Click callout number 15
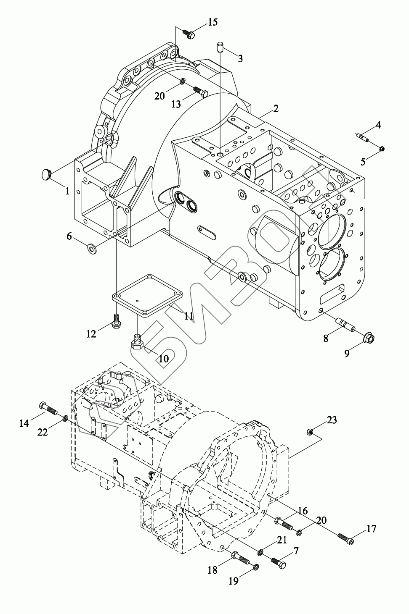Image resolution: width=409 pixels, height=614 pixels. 213,22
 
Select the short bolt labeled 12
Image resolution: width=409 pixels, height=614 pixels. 117,323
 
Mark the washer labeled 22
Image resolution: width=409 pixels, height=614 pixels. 65,419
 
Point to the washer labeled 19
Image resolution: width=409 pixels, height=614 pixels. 256,567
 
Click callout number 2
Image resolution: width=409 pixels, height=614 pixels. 276,109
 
